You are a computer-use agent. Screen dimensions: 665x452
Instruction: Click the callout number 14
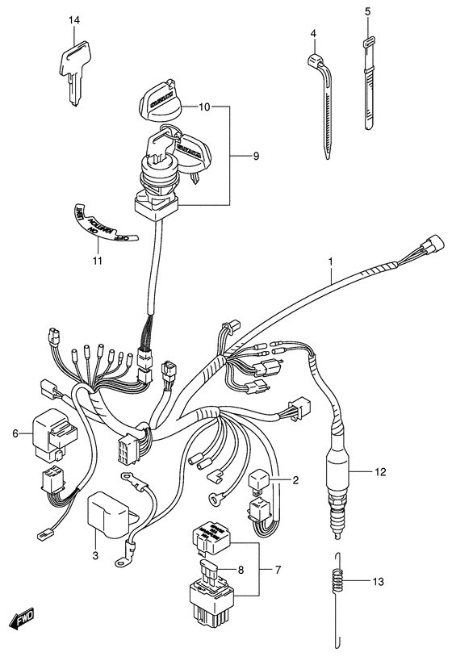[x=74, y=20]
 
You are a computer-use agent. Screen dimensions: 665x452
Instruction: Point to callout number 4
[x=312, y=32]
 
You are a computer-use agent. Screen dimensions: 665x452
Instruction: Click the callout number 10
[x=203, y=107]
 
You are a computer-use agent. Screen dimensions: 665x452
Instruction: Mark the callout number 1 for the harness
[x=330, y=261]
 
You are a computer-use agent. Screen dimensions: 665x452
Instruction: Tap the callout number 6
[x=15, y=434]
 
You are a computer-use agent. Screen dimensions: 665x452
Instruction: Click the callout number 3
[x=95, y=555]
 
